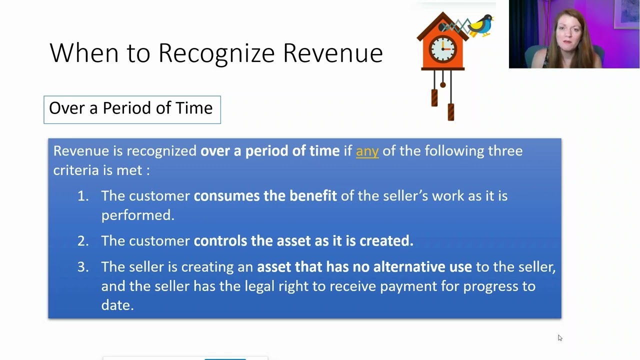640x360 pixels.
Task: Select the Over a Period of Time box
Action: tap(132, 109)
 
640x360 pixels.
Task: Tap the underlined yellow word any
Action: tap(367, 151)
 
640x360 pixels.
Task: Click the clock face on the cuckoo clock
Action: tap(442, 49)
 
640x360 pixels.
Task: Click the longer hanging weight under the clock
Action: tap(451, 111)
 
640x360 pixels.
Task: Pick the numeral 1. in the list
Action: tap(83, 196)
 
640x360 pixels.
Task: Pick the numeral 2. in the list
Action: tap(83, 241)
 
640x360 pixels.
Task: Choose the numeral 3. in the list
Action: tap(83, 267)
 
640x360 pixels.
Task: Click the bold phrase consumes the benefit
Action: tap(265, 196)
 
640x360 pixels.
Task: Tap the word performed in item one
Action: tap(137, 215)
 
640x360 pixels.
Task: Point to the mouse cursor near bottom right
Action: tap(559, 338)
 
